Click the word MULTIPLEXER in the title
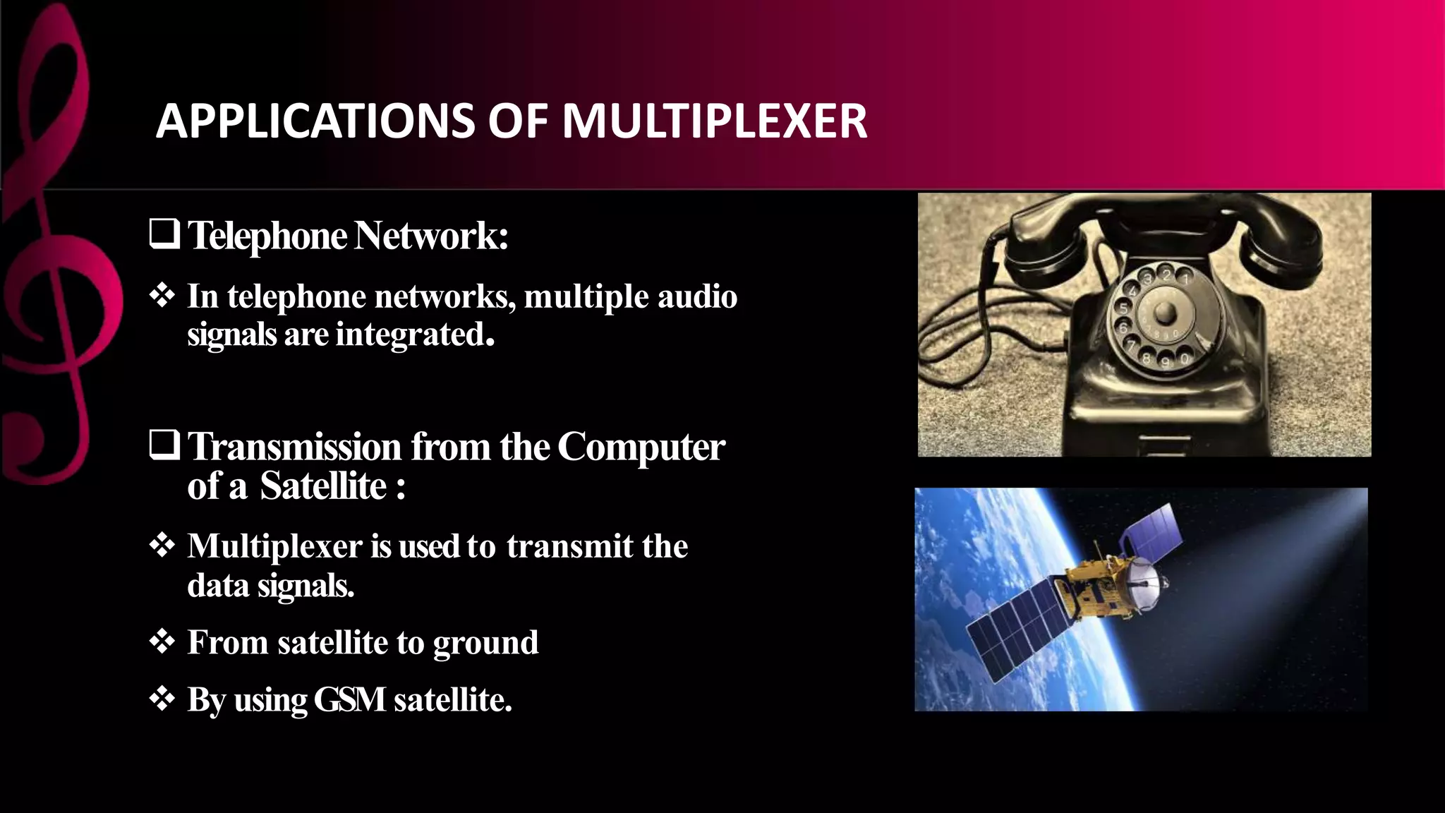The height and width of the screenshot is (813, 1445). pos(714,121)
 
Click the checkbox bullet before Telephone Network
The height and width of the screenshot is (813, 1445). pos(164,235)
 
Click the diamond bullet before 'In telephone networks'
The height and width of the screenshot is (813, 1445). pos(162,296)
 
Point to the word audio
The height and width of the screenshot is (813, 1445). pos(697,296)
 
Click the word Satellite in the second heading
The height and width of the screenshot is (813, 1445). pos(323,486)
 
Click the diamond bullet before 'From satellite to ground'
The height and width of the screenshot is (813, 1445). pos(162,642)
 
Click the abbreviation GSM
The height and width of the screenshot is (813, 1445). pos(349,700)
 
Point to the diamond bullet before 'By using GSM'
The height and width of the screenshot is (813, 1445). pos(162,699)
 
